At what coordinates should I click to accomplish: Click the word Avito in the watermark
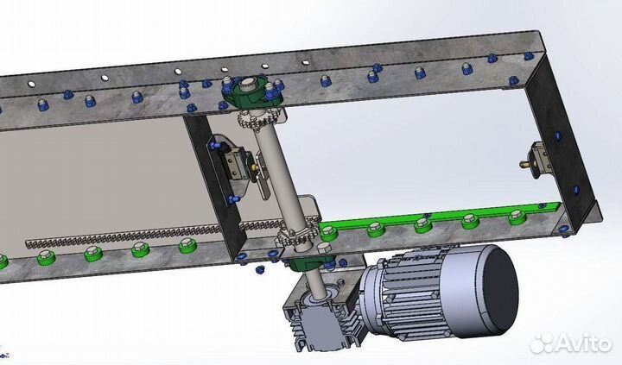tap(583, 343)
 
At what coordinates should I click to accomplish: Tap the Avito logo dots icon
tap(541, 343)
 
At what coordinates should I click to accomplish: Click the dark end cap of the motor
tap(502, 291)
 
